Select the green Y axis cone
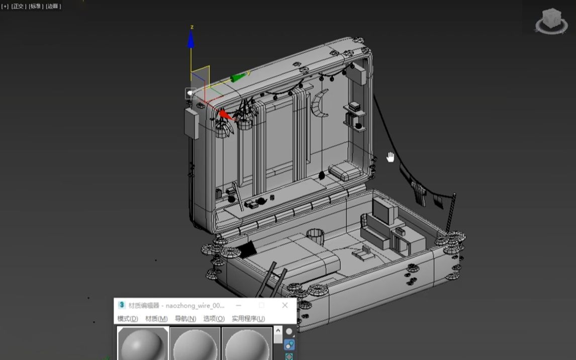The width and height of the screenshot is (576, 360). pos(238,77)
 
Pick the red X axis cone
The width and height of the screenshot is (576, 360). pos(225,115)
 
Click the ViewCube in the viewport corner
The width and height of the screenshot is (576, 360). pos(551,20)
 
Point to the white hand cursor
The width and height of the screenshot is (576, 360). pos(391,157)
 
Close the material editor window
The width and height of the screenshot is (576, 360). pos(285,305)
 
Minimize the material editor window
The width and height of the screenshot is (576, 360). pos(239,305)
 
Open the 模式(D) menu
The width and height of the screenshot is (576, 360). pos(128,319)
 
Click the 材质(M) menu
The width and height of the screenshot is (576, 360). pos(156,319)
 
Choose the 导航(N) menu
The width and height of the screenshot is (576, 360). pos(185,319)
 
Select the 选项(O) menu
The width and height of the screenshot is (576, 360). pos(214,319)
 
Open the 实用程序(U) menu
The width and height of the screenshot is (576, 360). pos(248,319)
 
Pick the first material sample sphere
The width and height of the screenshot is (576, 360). pos(143,344)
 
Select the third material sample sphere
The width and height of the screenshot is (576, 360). pos(246,344)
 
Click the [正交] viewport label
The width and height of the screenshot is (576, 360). pos(19,7)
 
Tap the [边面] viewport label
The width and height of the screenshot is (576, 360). pos(53,7)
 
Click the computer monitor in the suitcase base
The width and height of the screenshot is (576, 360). pos(384,210)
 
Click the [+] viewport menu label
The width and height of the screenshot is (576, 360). pos(5,7)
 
